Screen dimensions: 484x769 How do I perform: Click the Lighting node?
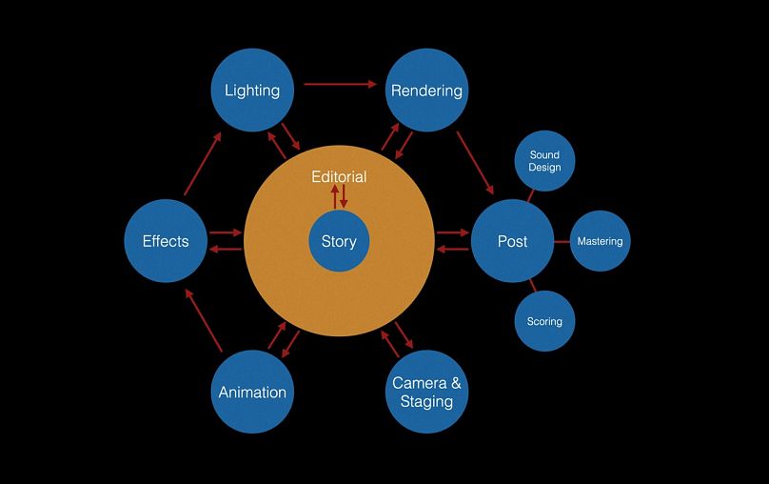click(252, 91)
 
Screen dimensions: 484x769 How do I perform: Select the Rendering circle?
click(426, 91)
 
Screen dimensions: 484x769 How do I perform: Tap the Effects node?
click(166, 241)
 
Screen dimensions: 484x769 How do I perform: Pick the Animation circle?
click(252, 392)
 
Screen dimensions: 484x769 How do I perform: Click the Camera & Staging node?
click(426, 392)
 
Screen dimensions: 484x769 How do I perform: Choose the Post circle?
click(512, 241)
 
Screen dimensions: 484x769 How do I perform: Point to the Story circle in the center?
click(339, 241)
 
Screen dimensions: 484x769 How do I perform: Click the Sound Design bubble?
click(544, 160)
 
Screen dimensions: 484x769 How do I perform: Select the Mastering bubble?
click(600, 241)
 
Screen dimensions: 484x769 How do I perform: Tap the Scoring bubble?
click(544, 321)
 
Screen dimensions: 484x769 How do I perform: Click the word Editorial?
click(339, 177)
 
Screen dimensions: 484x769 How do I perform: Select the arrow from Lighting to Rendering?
click(340, 84)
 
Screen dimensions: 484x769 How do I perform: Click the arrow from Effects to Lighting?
click(203, 164)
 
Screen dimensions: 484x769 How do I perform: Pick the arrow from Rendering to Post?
click(475, 162)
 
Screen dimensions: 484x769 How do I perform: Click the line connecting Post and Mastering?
click(562, 241)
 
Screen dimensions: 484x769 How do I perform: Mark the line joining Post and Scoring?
click(532, 285)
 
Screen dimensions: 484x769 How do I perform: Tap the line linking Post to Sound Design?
click(531, 195)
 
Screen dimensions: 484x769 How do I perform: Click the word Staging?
click(426, 401)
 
